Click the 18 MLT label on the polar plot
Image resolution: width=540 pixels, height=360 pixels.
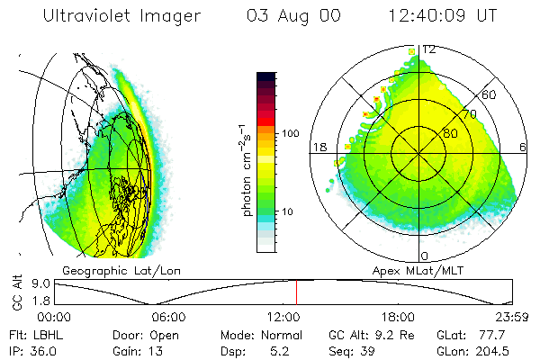coord(318,147)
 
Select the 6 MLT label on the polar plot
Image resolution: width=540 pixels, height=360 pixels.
coord(524,147)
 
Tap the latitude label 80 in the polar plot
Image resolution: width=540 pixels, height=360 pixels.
coord(450,134)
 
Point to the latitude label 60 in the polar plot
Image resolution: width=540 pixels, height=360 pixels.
coord(490,94)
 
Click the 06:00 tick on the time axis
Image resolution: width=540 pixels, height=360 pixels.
coord(168,317)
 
